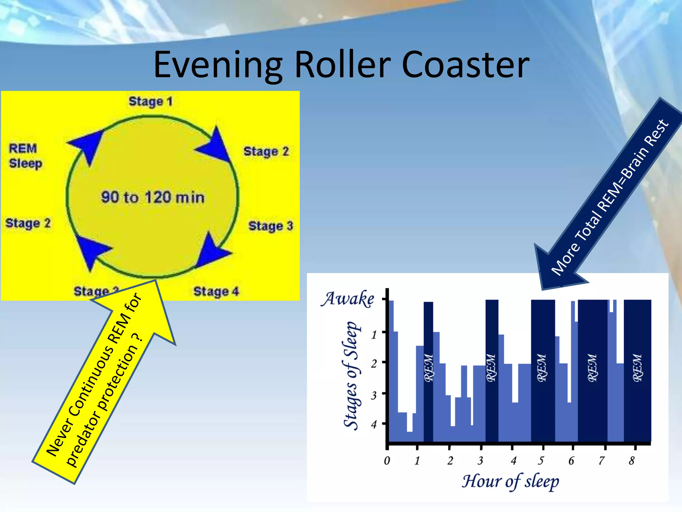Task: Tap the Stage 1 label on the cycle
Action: (x=151, y=101)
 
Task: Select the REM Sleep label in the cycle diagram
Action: (x=25, y=156)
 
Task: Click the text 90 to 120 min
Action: (x=153, y=197)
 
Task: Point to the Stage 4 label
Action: (x=216, y=291)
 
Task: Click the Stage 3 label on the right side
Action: (x=270, y=226)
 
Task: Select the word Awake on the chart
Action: (x=347, y=299)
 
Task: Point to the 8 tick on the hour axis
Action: (x=632, y=461)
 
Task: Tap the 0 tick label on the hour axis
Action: (x=387, y=461)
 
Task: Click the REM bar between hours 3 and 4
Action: (x=492, y=370)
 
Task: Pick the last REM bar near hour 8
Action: (x=637, y=370)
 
